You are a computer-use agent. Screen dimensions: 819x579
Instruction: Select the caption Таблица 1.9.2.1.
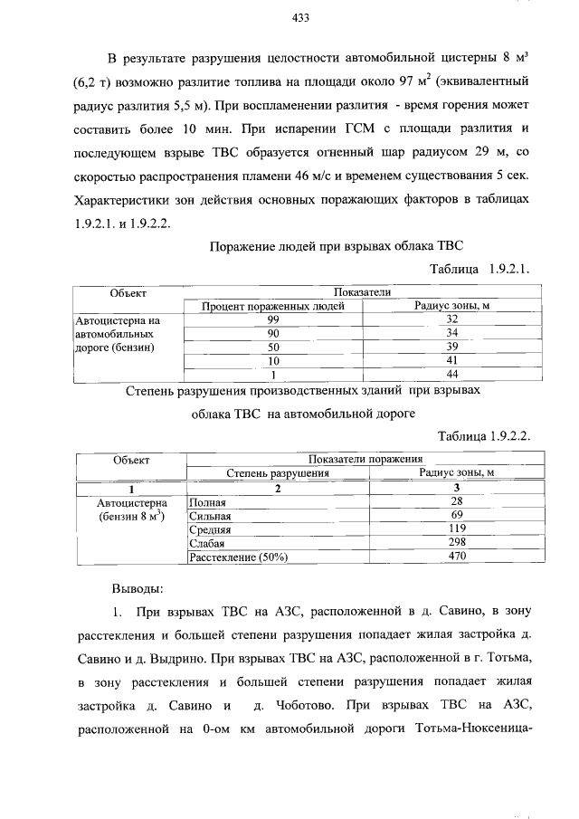479,270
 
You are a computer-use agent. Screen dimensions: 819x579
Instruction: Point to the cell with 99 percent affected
272,319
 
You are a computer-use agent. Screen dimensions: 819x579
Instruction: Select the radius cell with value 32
453,319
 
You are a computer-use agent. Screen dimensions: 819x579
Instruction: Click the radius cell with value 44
453,374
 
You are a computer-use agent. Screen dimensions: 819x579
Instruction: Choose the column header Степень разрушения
277,472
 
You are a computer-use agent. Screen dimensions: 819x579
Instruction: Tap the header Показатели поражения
365,459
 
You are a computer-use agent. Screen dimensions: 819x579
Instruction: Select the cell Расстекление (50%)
237,557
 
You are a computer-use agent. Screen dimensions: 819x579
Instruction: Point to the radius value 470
456,557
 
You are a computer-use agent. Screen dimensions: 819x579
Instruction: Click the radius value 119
456,529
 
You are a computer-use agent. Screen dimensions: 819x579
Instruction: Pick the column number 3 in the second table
456,488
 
